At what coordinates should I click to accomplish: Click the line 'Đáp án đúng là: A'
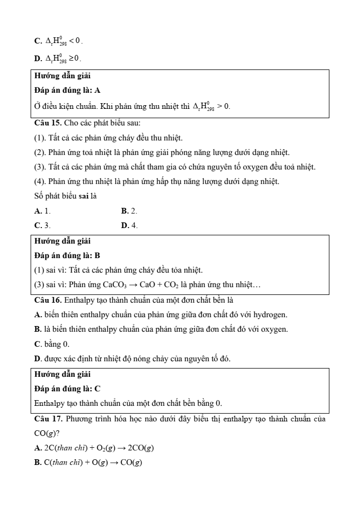click(67, 90)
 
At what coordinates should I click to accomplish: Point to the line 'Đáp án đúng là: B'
click(67, 256)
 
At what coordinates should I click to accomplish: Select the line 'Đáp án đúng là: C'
click(67, 388)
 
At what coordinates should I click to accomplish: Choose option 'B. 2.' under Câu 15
click(129, 211)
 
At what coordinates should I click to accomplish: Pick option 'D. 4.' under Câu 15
click(129, 225)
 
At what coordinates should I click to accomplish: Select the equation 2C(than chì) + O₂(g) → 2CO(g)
click(94, 448)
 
